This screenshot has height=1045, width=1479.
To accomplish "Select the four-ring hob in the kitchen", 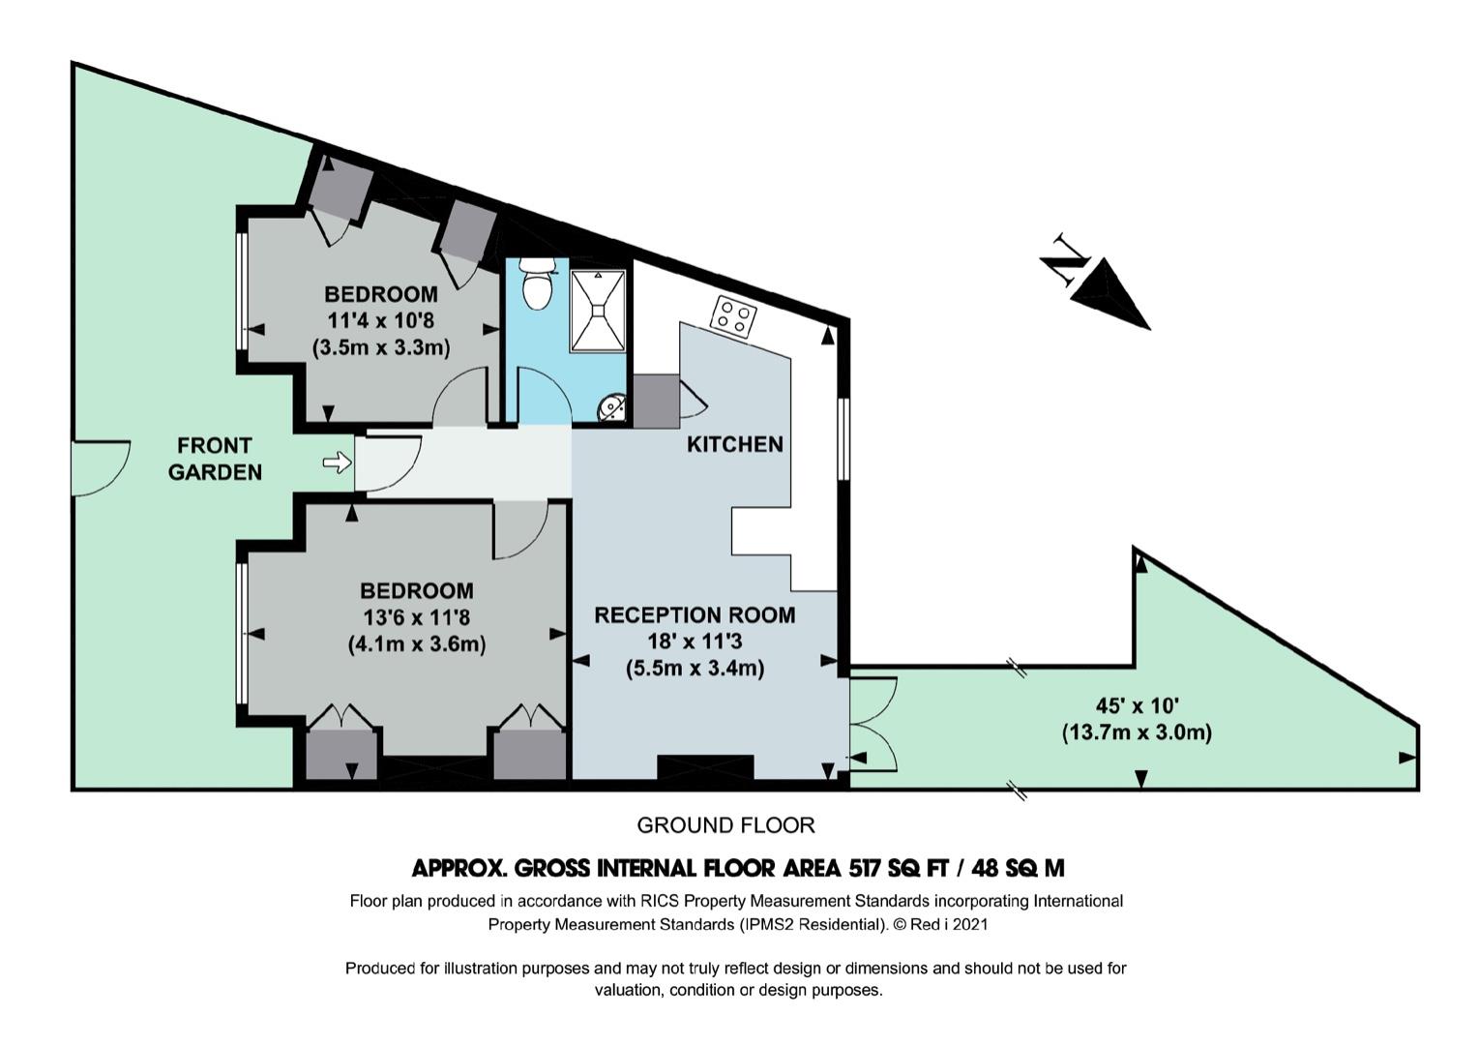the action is pos(733,316).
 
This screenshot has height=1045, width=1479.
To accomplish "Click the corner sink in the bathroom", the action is pos(611,407).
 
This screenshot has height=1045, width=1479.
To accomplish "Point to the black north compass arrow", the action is pos(1111,294).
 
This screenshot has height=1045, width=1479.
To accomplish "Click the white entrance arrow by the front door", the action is pos(338,463).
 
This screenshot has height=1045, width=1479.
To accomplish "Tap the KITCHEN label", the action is pos(735,444).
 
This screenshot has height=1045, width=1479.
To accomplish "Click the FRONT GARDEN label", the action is pos(215,459).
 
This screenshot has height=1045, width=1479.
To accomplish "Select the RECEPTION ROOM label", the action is pos(695,615).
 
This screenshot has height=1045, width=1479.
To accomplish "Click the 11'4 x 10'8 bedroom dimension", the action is pos(381,320).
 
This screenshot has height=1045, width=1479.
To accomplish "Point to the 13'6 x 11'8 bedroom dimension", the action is pos(417,617).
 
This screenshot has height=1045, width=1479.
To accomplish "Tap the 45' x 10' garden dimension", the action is pos(1137,705).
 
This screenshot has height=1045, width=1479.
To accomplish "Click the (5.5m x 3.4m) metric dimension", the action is pos(695,669).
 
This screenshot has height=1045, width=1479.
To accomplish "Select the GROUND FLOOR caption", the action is pos(726,825).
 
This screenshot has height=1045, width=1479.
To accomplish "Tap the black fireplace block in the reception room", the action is pos(705,766).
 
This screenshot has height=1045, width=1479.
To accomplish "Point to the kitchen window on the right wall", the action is pos(843,438).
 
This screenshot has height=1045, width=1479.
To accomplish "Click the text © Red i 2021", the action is pos(940,924).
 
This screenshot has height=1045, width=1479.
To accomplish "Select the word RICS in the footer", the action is pos(656,901).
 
